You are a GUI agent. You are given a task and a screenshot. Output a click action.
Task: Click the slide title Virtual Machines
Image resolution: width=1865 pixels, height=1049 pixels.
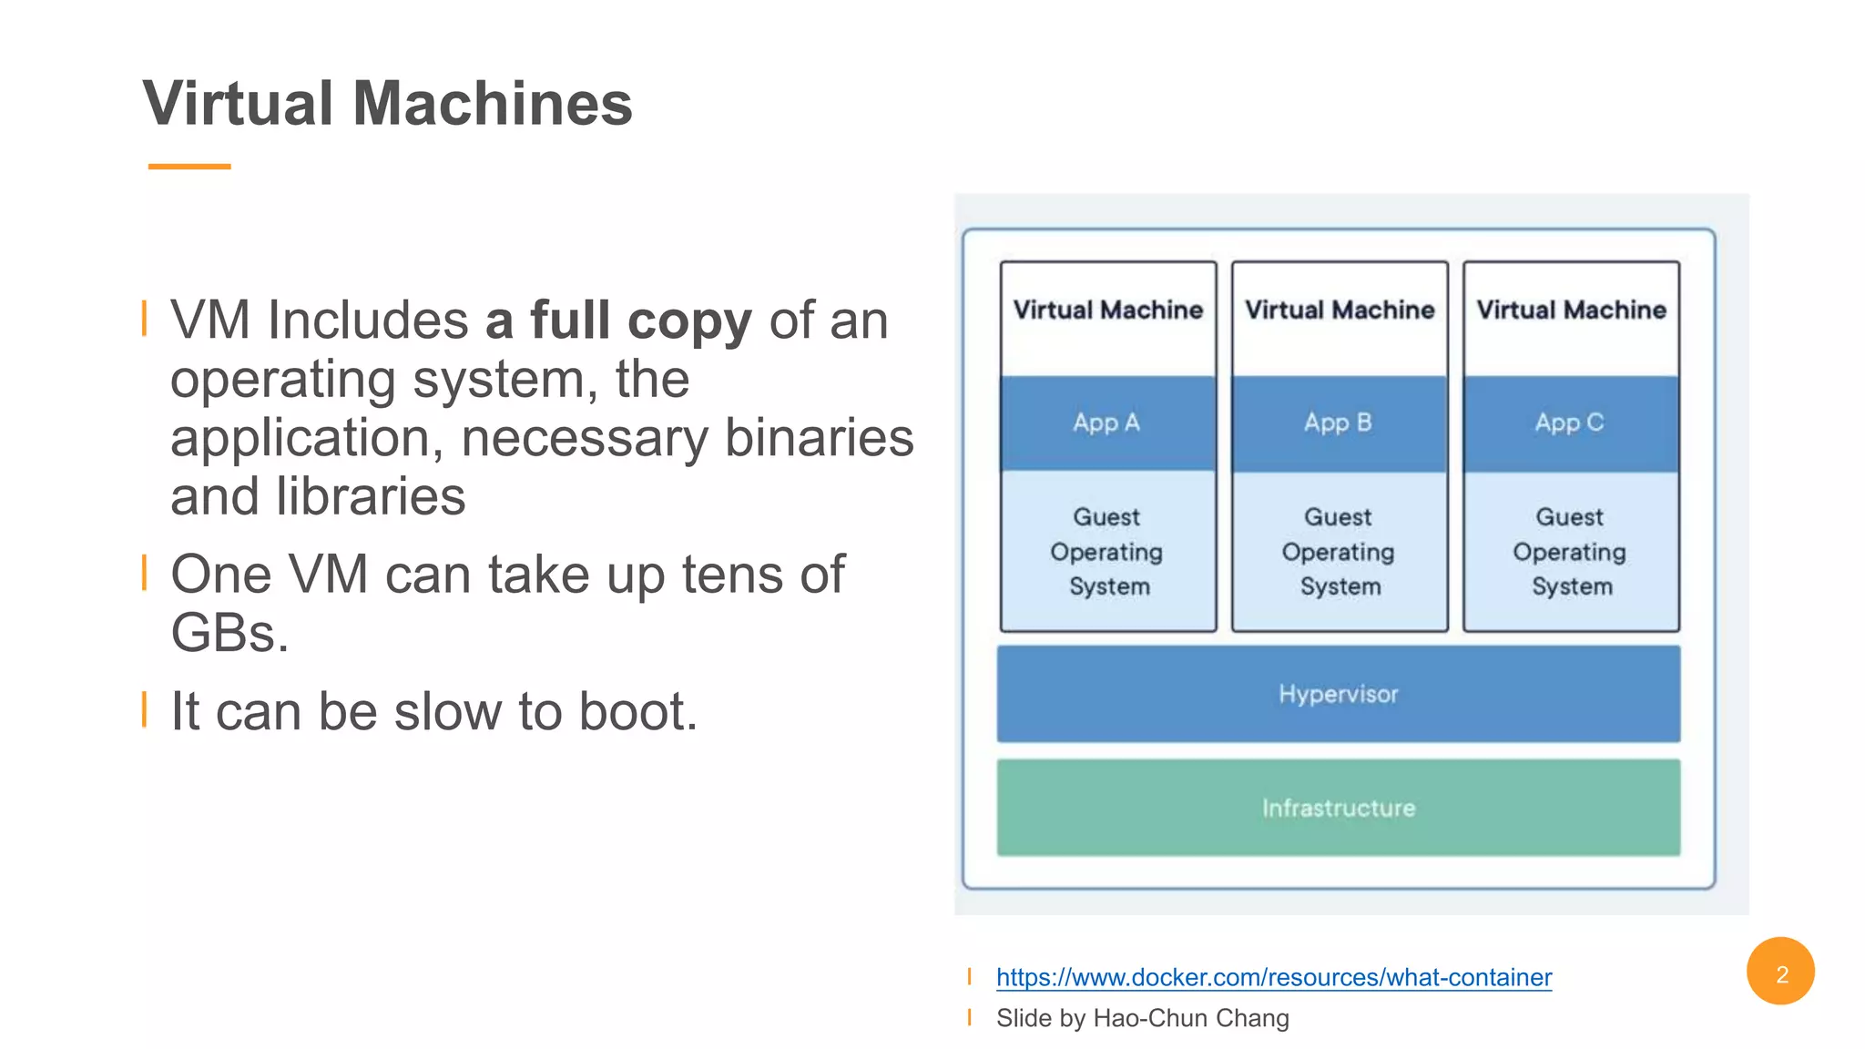387,103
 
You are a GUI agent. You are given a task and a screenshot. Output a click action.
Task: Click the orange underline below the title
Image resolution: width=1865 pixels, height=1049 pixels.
189,167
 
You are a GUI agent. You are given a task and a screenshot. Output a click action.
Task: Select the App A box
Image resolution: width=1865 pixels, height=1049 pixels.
1107,423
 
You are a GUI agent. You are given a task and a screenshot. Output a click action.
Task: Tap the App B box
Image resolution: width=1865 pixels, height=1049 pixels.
1339,423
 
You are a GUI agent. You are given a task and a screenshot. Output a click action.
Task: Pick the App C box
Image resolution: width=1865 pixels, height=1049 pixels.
1570,423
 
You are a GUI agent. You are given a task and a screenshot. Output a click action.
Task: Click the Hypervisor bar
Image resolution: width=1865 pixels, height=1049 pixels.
1338,694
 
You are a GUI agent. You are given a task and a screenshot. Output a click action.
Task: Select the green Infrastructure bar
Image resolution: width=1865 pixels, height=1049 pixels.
1338,808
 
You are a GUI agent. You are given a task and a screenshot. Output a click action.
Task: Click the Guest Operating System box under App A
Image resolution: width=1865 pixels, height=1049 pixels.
1107,552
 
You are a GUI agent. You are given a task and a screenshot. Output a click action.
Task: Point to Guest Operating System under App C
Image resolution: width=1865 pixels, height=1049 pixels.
1570,552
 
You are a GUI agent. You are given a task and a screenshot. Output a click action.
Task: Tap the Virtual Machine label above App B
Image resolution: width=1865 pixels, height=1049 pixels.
1339,311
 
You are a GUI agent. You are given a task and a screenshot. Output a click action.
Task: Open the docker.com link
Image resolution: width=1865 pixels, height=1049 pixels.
1273,977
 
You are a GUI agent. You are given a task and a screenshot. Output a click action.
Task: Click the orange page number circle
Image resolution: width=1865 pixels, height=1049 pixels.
1780,972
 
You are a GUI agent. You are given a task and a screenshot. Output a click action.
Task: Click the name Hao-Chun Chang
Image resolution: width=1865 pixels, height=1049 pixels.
1190,1018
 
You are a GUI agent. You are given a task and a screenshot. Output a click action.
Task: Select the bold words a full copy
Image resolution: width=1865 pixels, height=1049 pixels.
618,321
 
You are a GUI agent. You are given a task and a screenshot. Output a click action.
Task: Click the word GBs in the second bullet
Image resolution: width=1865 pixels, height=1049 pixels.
229,633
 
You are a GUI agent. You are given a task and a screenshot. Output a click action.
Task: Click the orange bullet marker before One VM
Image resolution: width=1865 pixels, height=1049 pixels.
145,573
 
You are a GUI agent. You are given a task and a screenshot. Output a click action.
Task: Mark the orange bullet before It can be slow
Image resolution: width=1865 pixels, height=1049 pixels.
145,709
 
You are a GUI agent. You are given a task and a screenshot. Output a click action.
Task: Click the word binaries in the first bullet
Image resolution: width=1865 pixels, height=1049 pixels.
818,438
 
